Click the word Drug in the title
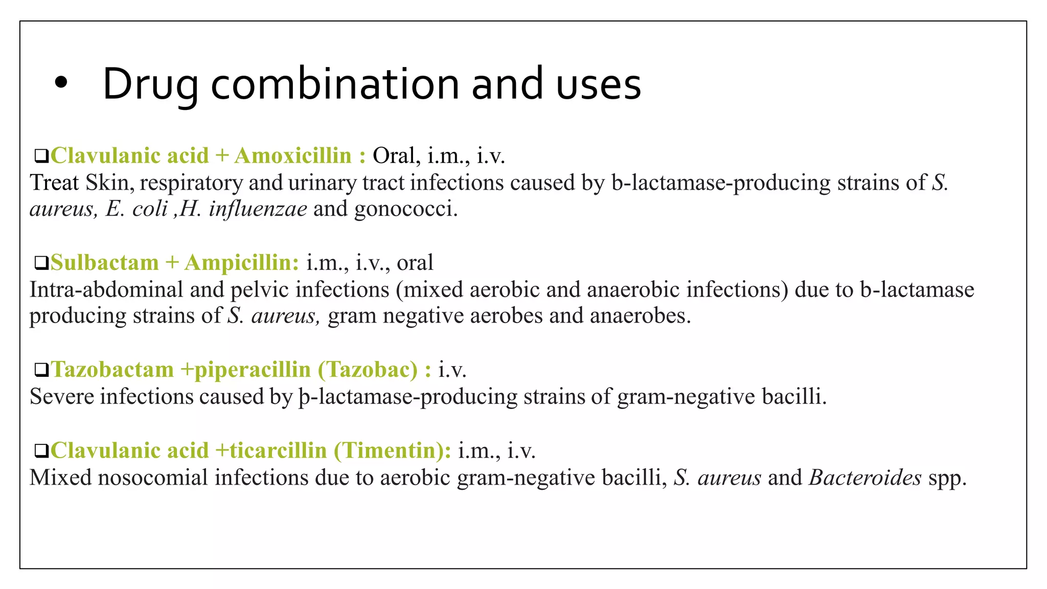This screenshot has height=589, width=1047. click(x=150, y=85)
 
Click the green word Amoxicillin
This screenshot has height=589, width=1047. click(x=293, y=155)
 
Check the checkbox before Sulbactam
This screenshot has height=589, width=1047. click(x=41, y=263)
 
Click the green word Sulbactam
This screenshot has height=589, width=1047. click(x=105, y=263)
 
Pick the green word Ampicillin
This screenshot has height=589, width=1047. click(x=241, y=263)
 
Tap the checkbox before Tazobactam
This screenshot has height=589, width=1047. click(x=41, y=370)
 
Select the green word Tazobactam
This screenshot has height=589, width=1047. click(x=112, y=369)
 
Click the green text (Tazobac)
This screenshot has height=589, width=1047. click(x=368, y=369)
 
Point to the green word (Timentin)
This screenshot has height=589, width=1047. click(x=392, y=450)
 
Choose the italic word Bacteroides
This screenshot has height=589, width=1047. click(x=865, y=478)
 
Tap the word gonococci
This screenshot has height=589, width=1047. click(x=406, y=209)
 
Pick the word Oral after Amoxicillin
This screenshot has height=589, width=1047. click(x=394, y=155)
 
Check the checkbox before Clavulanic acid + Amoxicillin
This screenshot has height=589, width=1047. click(x=41, y=156)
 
